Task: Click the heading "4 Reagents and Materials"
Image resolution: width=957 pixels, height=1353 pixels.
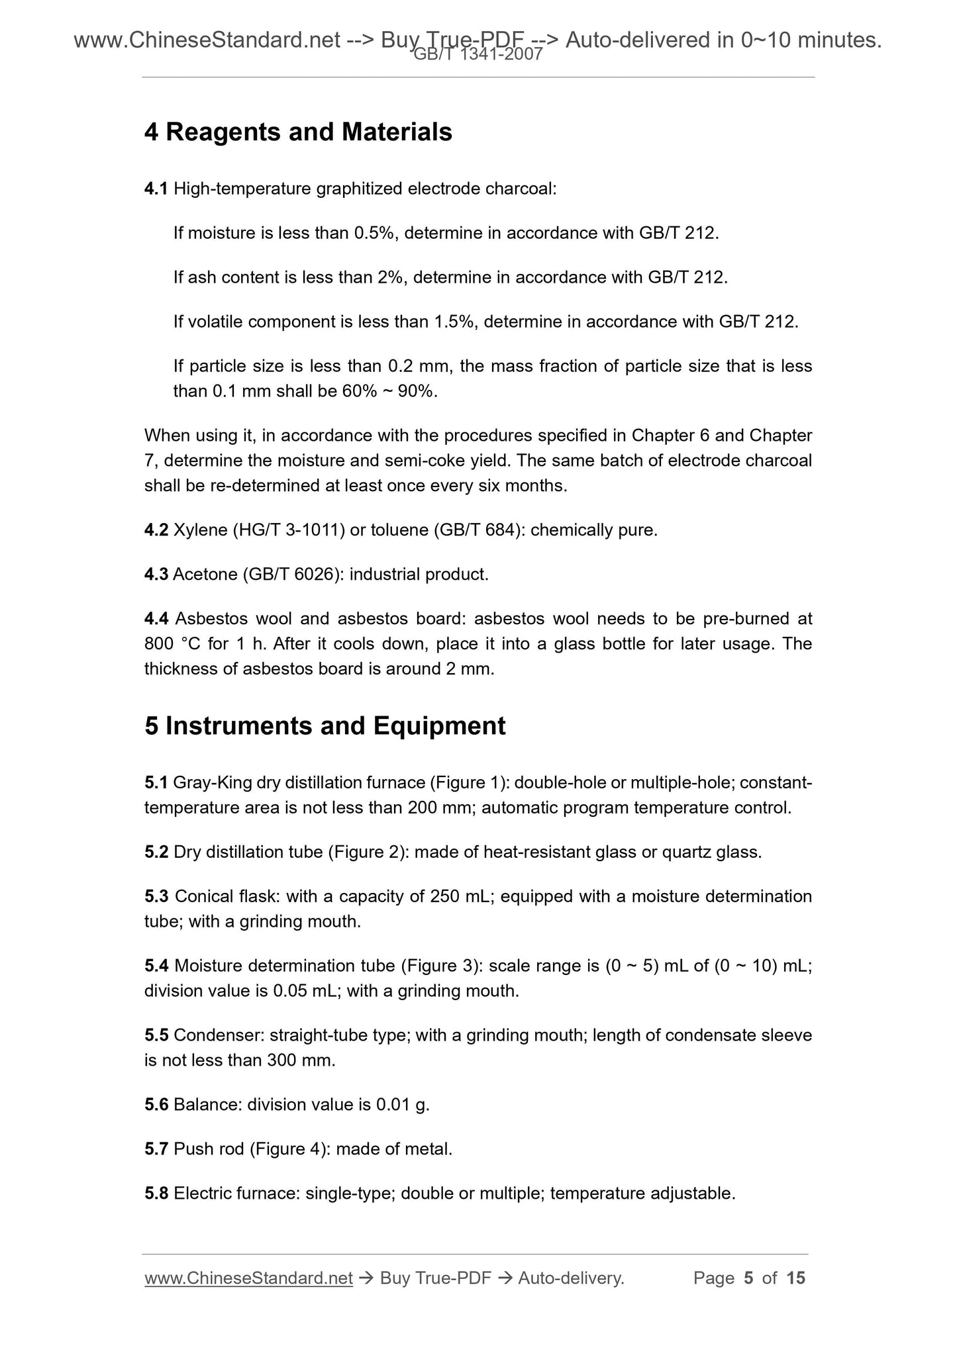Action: pos(298,132)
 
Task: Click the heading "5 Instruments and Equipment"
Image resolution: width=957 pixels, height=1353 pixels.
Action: pos(325,726)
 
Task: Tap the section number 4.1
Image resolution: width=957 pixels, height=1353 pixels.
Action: pos(156,189)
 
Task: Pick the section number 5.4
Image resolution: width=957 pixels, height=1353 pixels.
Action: pos(156,966)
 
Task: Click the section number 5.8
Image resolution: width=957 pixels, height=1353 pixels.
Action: pos(156,1193)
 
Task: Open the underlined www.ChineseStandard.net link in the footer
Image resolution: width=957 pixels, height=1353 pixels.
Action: pos(248,1278)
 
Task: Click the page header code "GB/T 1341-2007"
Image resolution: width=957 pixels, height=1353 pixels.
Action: pos(478,55)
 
